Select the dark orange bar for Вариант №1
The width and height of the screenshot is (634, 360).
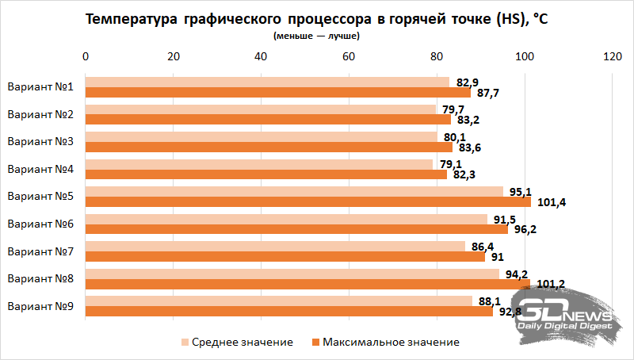(277, 93)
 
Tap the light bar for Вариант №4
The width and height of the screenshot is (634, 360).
(259, 164)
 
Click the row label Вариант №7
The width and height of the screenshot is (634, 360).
(40, 251)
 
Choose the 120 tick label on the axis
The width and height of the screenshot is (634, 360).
(611, 57)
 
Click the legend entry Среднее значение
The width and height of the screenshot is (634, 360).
(237, 342)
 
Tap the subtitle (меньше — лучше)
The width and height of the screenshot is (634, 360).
(316, 36)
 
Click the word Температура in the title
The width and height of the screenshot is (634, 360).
(128, 20)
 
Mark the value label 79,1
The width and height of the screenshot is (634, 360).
(446, 164)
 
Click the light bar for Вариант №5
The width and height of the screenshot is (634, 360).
(294, 191)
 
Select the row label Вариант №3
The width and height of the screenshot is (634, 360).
(40, 142)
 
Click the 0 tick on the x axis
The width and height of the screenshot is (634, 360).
(86, 57)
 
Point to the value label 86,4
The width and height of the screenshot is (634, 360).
(483, 246)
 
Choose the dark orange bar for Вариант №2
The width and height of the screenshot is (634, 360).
(268, 120)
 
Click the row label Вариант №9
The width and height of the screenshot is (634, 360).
(40, 306)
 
